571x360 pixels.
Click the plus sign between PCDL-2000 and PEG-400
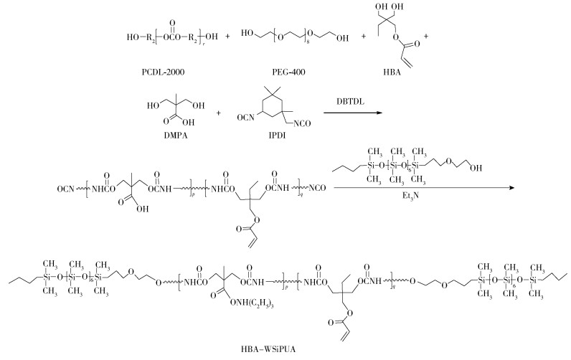coord(227,34)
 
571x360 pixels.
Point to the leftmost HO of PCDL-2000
coord(130,34)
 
